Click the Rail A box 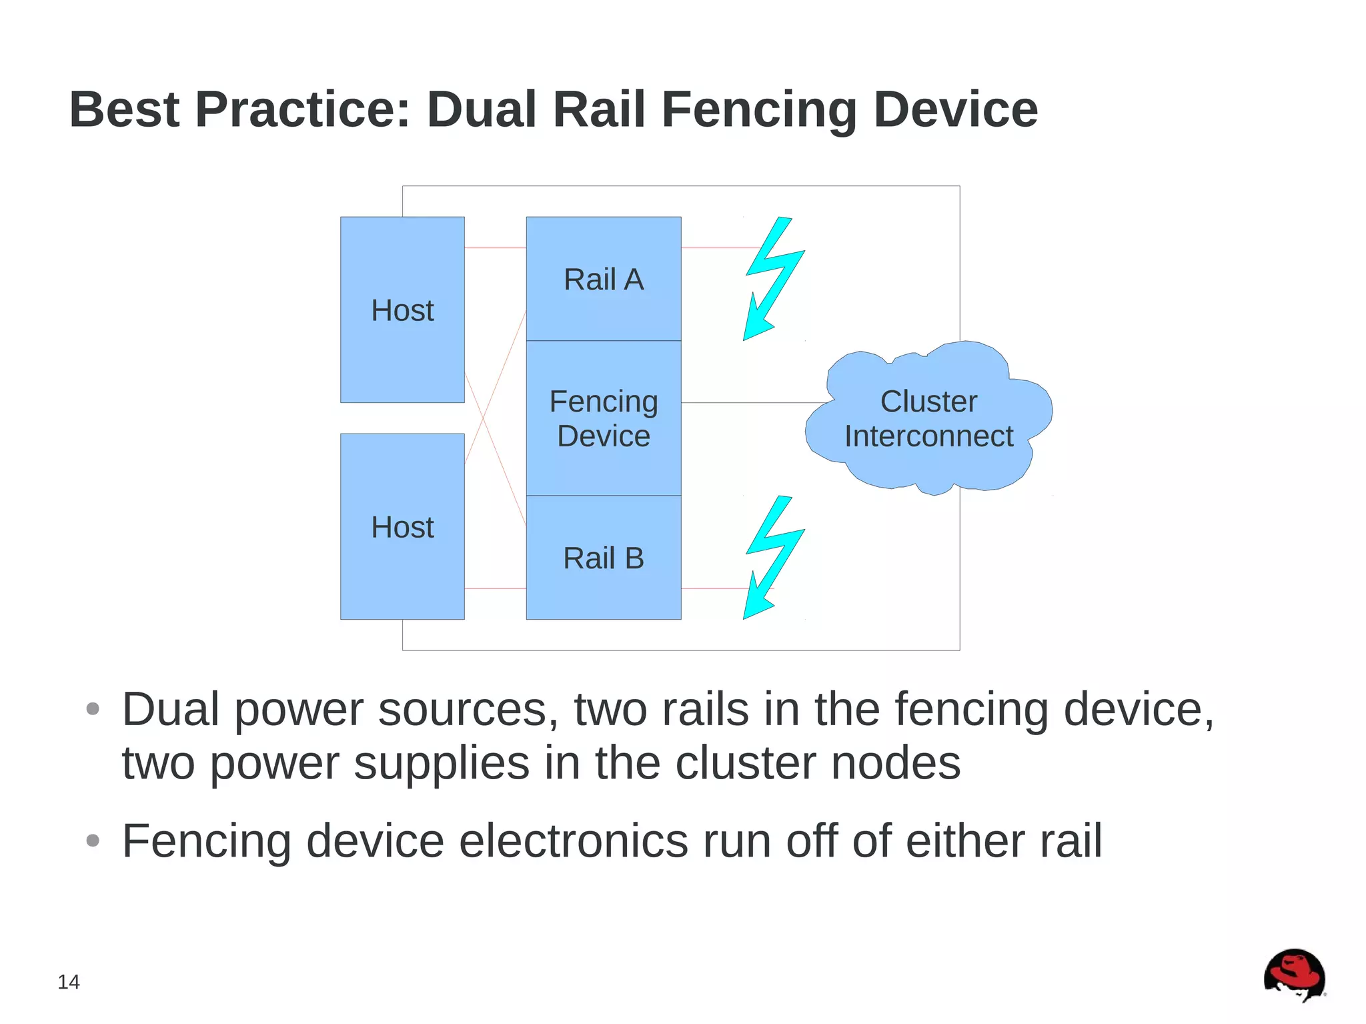point(603,279)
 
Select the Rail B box point(603,558)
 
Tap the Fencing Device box point(603,418)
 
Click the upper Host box point(402,310)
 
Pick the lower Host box point(402,526)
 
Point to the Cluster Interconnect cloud point(928,419)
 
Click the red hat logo point(1294,975)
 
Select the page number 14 point(69,982)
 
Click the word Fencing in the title point(758,110)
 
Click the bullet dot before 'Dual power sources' point(93,708)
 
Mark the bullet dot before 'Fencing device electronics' point(93,841)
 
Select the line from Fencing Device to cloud point(754,402)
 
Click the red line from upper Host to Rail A point(495,247)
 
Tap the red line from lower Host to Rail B point(495,588)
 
